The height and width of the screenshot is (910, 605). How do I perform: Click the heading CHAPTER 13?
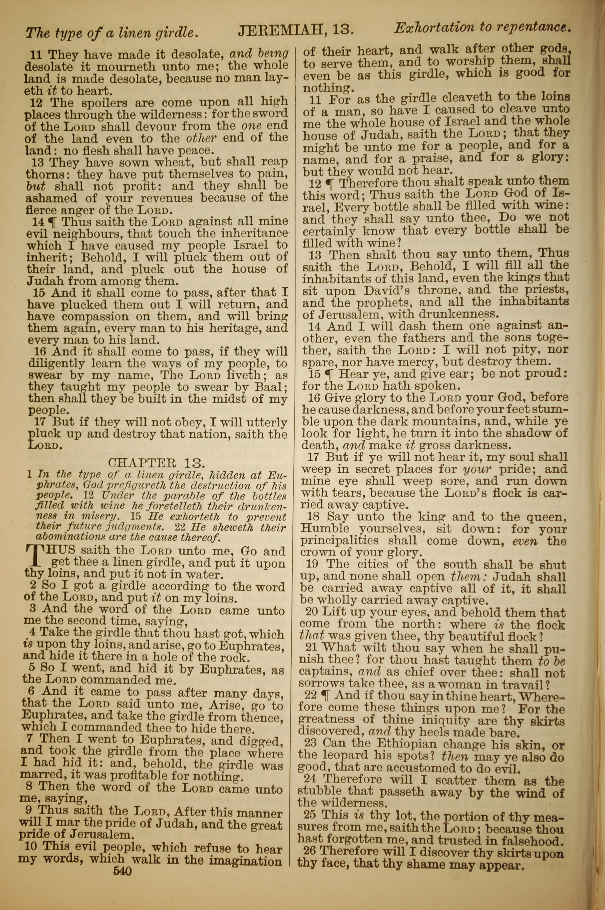[156, 463]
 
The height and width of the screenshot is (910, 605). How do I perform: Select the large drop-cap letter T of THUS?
[36, 557]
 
